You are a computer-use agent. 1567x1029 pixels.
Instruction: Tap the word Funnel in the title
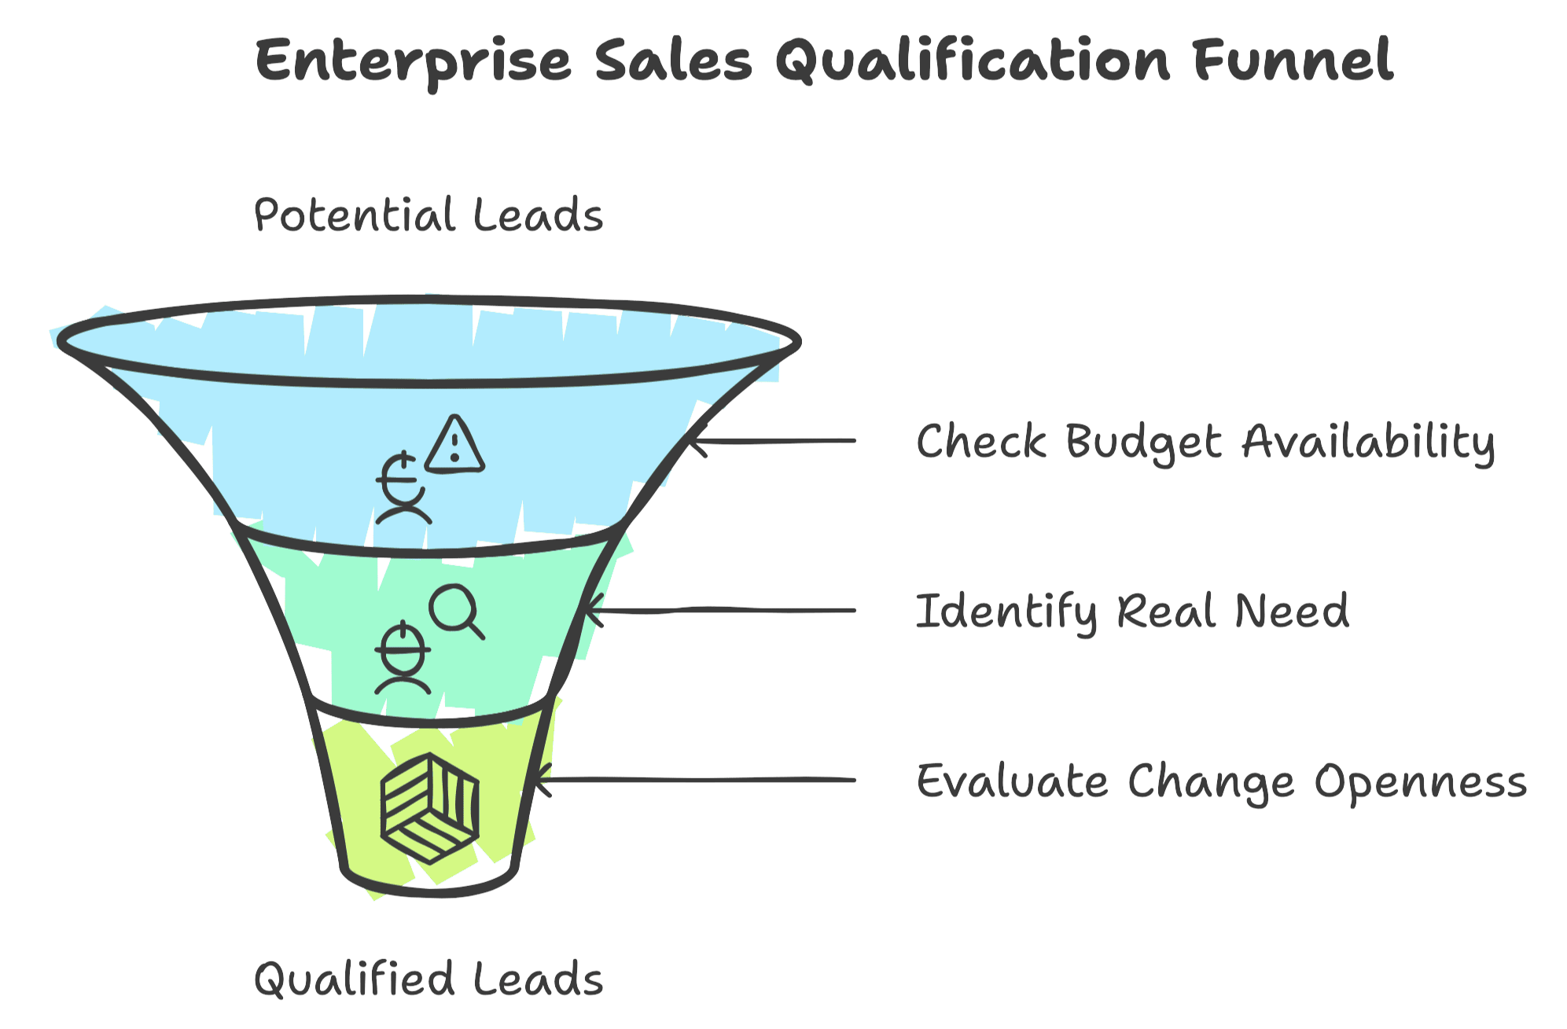click(1293, 60)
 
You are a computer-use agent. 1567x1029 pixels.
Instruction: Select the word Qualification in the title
click(973, 60)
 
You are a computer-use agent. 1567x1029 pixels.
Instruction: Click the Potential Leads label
click(429, 215)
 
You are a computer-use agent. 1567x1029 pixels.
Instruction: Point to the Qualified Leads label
click(429, 979)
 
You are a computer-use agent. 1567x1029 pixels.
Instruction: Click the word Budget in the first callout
click(1144, 442)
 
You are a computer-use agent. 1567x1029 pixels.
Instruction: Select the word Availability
click(1369, 443)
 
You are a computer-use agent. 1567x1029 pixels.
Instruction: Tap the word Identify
click(1007, 612)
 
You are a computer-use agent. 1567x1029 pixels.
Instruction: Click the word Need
click(1292, 611)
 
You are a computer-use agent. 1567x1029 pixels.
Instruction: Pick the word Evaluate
click(1013, 781)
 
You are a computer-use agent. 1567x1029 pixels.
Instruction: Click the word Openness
click(1421, 783)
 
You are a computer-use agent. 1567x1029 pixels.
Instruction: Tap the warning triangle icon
click(454, 445)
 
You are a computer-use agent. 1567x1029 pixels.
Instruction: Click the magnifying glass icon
click(457, 612)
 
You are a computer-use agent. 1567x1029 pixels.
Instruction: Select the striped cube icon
click(430, 808)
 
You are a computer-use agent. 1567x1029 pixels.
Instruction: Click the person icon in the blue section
click(403, 488)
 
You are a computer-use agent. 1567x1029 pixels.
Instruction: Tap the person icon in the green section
click(403, 658)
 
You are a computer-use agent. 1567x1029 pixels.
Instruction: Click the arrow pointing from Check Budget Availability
click(771, 441)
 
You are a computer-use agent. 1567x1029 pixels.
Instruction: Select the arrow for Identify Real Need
click(719, 611)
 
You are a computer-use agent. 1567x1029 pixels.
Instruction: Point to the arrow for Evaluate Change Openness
click(693, 781)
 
